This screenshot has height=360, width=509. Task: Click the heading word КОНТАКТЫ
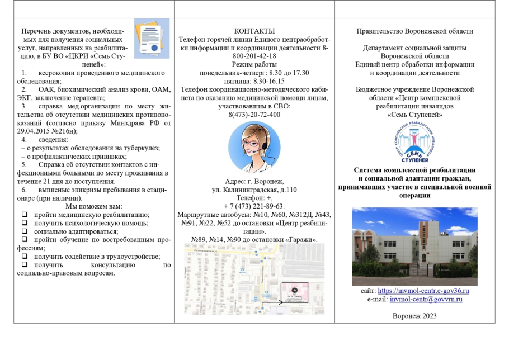click(x=254, y=31)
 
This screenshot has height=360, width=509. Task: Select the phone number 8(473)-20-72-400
click(x=254, y=115)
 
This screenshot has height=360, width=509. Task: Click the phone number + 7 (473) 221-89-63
click(x=254, y=206)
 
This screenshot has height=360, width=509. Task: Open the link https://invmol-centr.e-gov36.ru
click(x=423, y=291)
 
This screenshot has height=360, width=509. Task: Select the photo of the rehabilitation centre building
click(x=414, y=247)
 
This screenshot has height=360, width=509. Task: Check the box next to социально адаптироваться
click(x=24, y=231)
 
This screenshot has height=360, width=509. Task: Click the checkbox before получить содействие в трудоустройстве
click(x=24, y=257)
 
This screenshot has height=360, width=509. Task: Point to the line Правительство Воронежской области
click(x=414, y=31)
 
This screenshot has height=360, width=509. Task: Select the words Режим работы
click(x=254, y=65)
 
